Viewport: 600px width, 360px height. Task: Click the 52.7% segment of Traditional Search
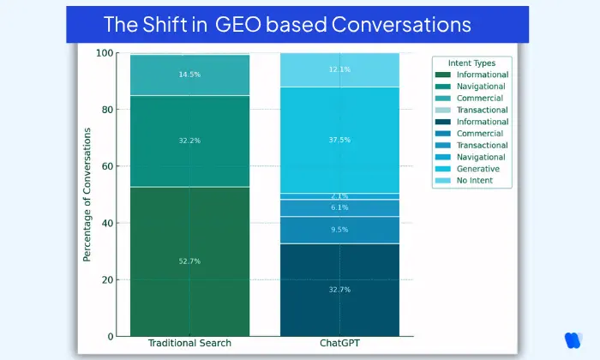point(189,261)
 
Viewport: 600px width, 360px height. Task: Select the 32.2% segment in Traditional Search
point(189,141)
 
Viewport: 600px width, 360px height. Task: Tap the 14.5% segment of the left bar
point(189,75)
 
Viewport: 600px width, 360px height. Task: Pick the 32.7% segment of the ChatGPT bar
point(339,290)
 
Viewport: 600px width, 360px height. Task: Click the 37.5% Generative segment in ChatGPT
point(339,141)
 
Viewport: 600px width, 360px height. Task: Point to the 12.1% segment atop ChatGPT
point(339,69)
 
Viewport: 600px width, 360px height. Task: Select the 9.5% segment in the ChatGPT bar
point(339,230)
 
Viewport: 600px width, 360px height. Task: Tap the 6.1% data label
point(339,207)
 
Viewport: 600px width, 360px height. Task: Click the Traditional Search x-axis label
point(189,344)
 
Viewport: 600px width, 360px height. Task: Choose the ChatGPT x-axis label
point(339,344)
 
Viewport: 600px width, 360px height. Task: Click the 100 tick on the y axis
point(106,53)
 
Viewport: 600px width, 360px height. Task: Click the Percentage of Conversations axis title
point(87,195)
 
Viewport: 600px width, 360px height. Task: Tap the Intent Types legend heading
point(472,63)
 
